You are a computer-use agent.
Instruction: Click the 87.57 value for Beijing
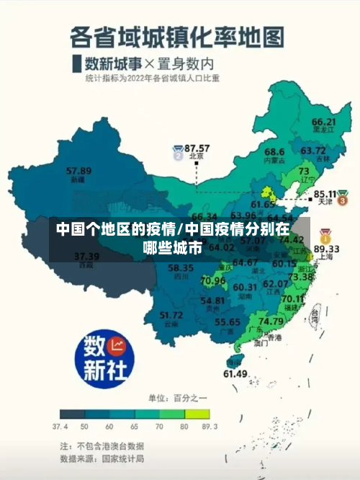click(197, 148)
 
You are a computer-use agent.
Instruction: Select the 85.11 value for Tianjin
click(326, 194)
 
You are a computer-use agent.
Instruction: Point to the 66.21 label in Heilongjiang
click(323, 122)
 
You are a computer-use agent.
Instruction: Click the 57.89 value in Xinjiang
click(78, 171)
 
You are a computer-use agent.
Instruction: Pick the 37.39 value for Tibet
click(87, 256)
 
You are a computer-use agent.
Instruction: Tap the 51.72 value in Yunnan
click(171, 315)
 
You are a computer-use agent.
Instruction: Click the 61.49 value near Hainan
click(235, 373)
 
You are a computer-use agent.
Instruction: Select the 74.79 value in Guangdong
click(270, 321)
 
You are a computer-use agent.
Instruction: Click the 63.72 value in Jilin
click(313, 151)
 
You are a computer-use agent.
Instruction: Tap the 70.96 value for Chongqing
click(213, 280)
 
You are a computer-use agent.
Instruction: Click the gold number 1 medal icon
click(325, 236)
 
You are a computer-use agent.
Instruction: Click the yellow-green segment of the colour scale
click(196, 414)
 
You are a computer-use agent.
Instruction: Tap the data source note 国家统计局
click(122, 458)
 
